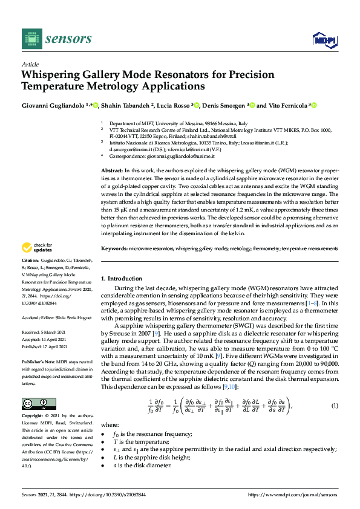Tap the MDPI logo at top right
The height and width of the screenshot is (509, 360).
coord(324,40)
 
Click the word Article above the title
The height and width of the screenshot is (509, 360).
coord(30,64)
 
